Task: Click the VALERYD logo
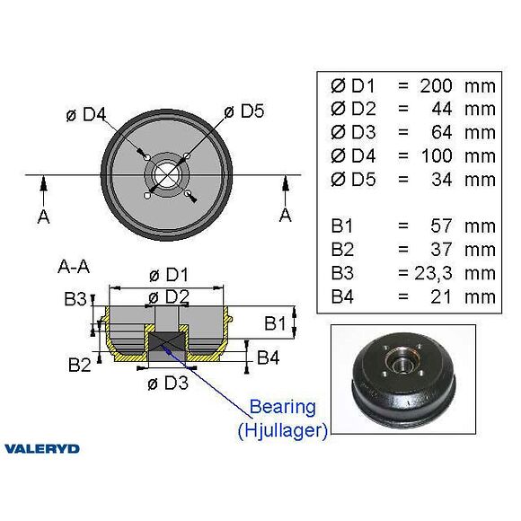tap(42, 449)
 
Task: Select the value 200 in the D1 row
tap(436, 85)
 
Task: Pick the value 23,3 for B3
tap(433, 273)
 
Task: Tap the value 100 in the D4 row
tap(437, 155)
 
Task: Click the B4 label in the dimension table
tap(342, 296)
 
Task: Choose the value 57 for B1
tap(441, 226)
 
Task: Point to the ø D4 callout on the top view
tap(86, 114)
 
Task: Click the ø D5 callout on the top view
tap(244, 111)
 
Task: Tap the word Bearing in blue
tap(283, 407)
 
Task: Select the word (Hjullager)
tap(283, 430)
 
